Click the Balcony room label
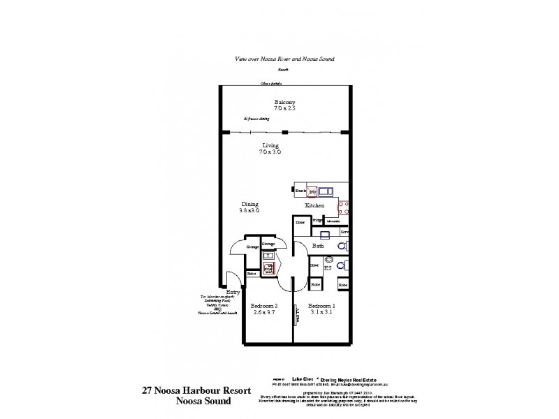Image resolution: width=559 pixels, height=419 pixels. pos(284,102)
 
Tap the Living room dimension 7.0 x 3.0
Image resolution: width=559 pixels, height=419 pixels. pos(270,152)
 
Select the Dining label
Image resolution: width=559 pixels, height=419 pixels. pos(249,203)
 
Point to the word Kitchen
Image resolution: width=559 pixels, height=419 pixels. pos(312,207)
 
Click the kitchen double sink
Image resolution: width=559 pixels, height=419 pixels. pos(324,189)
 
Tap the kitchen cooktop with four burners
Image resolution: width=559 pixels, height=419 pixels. pos(343,205)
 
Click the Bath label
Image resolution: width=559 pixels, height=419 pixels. pos(318,247)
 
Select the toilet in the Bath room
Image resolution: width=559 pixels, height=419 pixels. pos(342,247)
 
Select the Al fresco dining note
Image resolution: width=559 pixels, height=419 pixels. pos(256,119)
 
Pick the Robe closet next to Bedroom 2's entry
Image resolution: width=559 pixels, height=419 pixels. pos(252,274)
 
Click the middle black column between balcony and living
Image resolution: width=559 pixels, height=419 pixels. pos(284,132)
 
